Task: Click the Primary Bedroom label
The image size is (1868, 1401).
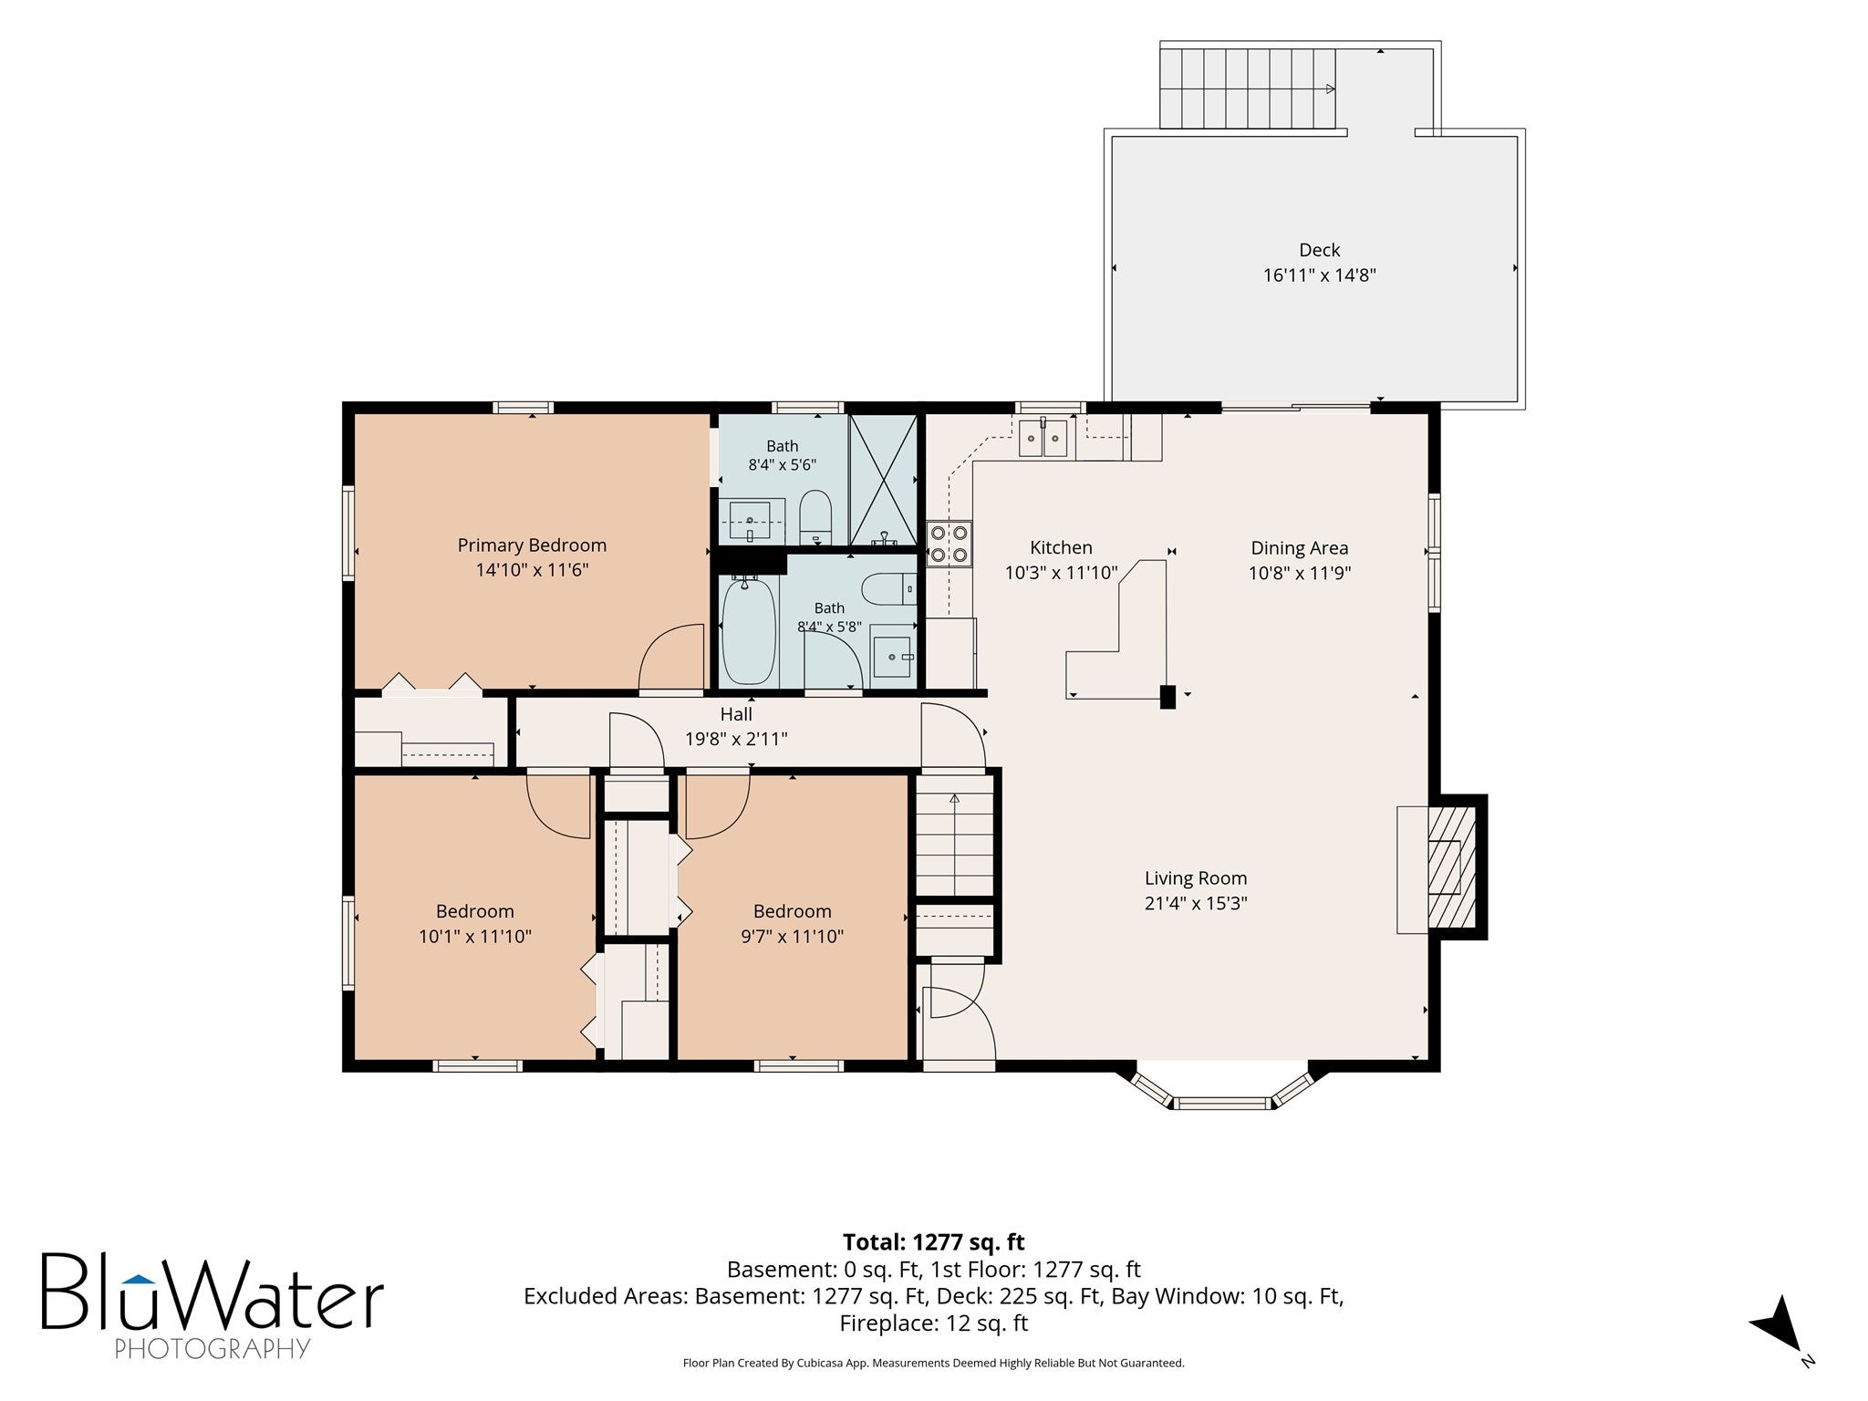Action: pos(532,545)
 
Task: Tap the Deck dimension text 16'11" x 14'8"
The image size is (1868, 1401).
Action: pos(1319,275)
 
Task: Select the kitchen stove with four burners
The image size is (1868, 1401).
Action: pos(950,544)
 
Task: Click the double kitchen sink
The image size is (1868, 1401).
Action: pos(1043,439)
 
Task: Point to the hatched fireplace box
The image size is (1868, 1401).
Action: pos(1451,866)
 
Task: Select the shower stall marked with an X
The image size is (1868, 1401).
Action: pos(883,480)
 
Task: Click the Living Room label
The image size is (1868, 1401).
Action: pos(1196,878)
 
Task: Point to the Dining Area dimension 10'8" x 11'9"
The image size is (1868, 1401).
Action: pos(1300,573)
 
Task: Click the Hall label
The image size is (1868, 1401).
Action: pos(736,714)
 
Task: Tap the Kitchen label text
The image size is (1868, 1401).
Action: pos(1061,547)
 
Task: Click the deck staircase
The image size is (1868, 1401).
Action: pos(1248,88)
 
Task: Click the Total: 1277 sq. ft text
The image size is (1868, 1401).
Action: pos(934,1242)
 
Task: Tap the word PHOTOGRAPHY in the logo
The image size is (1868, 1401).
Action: pos(213,1348)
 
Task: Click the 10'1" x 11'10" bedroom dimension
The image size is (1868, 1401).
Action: pos(475,936)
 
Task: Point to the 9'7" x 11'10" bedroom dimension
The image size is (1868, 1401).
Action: pos(793,936)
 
